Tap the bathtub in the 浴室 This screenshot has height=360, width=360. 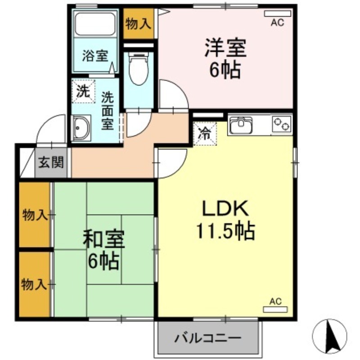click(95, 24)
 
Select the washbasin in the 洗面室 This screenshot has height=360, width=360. click(81, 128)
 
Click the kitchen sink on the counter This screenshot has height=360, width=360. click(241, 125)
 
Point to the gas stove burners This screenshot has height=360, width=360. click(282, 124)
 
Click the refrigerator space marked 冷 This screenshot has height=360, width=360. click(205, 134)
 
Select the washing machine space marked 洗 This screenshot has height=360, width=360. click(83, 91)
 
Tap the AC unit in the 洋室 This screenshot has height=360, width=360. click(277, 14)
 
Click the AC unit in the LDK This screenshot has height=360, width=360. click(275, 310)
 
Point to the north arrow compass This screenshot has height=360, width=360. click(329, 336)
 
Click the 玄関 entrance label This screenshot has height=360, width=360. click(51, 163)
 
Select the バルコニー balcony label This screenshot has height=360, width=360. click(208, 338)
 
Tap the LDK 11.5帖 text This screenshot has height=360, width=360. click(225, 220)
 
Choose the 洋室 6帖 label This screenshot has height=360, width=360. click(225, 58)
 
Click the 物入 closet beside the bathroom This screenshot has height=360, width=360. click(139, 24)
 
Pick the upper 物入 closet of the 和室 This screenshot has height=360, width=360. click(35, 215)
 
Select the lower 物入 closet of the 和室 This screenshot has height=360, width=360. click(35, 284)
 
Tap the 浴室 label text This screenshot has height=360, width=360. click(95, 56)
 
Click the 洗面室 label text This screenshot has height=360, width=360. click(108, 111)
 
